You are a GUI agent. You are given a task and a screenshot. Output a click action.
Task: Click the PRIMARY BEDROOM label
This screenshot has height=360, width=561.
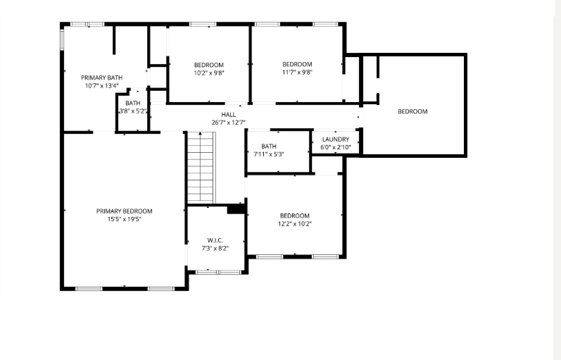tap(124, 211)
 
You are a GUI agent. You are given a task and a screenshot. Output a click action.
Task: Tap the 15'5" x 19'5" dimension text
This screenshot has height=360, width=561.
tap(124, 219)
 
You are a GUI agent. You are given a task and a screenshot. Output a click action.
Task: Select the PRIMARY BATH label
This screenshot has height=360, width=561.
tap(101, 77)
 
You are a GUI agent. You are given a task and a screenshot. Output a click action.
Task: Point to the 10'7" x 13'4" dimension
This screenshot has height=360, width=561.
tap(101, 86)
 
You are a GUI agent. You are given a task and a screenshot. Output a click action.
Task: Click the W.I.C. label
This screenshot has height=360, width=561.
tap(215, 240)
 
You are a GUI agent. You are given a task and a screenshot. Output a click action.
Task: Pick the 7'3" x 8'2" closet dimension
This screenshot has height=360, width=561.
tap(215, 248)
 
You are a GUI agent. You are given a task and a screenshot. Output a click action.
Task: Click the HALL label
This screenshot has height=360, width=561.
tap(228, 115)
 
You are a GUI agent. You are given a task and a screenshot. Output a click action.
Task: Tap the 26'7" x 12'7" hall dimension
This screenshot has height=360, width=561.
tap(228, 123)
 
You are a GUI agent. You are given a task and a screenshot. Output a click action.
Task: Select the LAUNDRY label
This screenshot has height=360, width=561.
tap(336, 139)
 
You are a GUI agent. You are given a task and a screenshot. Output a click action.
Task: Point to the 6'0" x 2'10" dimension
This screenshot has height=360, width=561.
tap(336, 147)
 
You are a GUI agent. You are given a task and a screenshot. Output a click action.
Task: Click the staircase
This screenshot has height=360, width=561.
tap(201, 168)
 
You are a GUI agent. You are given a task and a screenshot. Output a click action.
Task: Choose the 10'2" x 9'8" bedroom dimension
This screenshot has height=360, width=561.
tap(209, 73)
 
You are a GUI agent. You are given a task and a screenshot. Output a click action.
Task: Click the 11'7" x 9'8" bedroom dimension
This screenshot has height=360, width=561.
tap(297, 73)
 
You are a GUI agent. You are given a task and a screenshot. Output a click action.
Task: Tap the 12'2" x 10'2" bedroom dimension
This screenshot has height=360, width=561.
tap(294, 224)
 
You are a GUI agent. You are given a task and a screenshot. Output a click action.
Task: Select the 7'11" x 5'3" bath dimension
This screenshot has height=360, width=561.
tap(269, 154)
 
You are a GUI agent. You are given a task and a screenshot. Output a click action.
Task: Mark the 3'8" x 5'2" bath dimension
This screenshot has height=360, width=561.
tap(133, 111)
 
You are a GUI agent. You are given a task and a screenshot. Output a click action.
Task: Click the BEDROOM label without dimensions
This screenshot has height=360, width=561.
tap(412, 111)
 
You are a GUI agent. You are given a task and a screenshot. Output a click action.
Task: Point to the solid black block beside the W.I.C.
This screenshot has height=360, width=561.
tap(236, 209)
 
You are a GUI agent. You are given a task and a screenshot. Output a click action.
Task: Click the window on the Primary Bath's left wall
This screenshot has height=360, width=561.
tap(61, 39)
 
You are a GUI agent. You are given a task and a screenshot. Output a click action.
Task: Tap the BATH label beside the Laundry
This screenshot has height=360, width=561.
tap(269, 146)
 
